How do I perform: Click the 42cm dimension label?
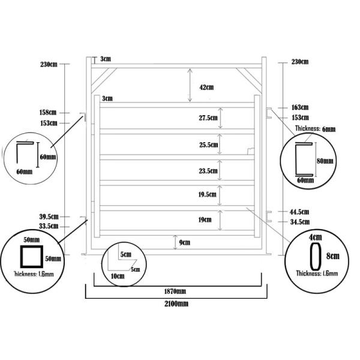(x=206, y=88)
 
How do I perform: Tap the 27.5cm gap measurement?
(x=208, y=118)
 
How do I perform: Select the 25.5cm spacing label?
(x=208, y=145)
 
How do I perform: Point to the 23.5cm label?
(x=208, y=171)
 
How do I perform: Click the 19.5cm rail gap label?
(x=208, y=195)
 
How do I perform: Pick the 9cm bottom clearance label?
(x=185, y=242)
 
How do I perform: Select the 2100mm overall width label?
(x=175, y=304)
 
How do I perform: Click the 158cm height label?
(x=48, y=112)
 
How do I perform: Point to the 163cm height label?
(x=300, y=107)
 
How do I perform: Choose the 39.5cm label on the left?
(x=48, y=217)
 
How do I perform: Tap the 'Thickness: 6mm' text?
(x=315, y=129)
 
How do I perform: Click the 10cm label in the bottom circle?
(x=117, y=277)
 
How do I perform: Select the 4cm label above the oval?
(x=313, y=237)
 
